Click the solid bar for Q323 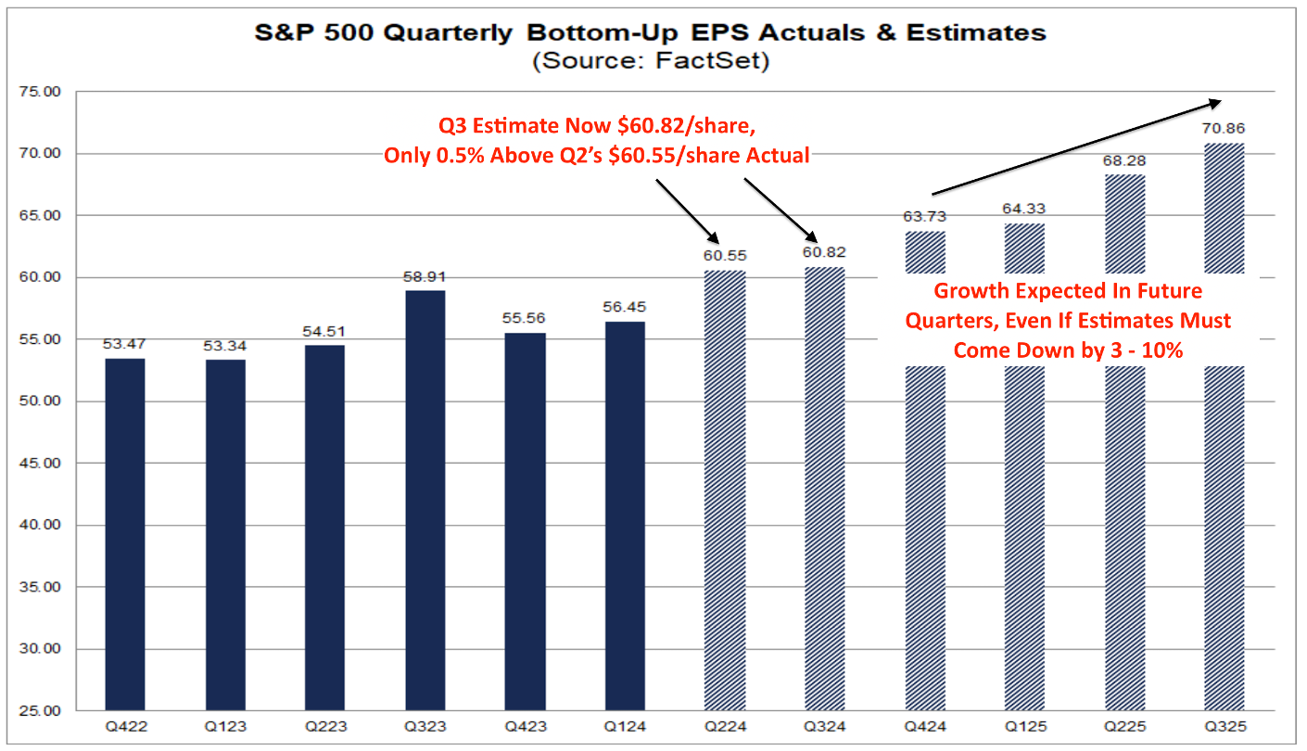425,501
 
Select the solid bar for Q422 125,534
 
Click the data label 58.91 425,276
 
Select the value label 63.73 924,217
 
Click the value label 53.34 225,346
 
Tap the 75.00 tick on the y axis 39,92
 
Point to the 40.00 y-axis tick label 39,525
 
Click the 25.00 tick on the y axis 39,711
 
